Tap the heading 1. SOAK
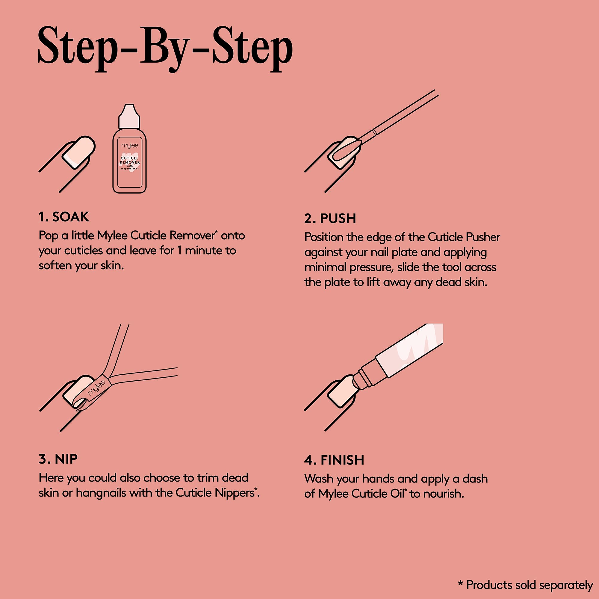pos(64,217)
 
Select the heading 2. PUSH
pos(330,219)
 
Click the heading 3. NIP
pos(58,459)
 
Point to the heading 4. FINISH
pos(334,460)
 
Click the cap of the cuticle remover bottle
pos(129,116)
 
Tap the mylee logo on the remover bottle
pos(130,146)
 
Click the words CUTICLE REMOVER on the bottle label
pos(130,160)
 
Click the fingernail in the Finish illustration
pos(342,391)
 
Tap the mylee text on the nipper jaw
pos(96,388)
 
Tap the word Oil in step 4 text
pos(397,494)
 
